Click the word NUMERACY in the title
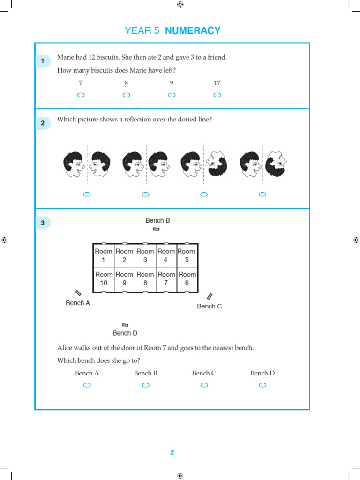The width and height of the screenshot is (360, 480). coord(193,31)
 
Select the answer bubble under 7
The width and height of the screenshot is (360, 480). coord(81,95)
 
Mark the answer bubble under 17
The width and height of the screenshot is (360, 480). coord(217,95)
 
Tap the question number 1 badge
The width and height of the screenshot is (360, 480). coord(43,61)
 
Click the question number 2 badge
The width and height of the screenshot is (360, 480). coord(43,123)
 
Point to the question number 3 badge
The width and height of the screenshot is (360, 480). coord(43,223)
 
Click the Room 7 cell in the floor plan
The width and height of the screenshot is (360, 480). coord(166,278)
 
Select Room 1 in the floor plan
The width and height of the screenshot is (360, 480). coord(104,255)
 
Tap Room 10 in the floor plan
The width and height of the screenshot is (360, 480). coord(104,278)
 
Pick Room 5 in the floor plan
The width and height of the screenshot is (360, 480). coord(187,255)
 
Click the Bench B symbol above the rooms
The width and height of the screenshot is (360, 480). coord(156,229)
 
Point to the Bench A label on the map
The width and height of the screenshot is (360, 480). coord(78,303)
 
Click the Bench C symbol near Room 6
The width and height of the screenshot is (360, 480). coord(210,296)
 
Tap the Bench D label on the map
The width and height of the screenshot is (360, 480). coord(125,333)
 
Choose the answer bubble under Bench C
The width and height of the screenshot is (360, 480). coord(204,385)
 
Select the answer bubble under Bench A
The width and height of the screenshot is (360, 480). coord(87,385)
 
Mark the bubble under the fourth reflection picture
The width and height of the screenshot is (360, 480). coord(262,195)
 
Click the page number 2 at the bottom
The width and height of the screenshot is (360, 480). coord(172,452)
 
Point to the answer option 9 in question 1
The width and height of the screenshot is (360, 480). coord(172,83)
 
